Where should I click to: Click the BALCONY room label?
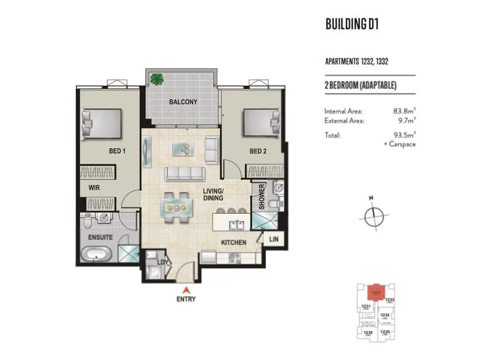point(182,102)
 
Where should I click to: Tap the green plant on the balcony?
point(157,78)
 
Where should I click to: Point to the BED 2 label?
point(258,151)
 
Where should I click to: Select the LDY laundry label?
point(161,262)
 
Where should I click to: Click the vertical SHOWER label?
point(262,197)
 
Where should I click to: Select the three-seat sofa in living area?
point(185,174)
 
